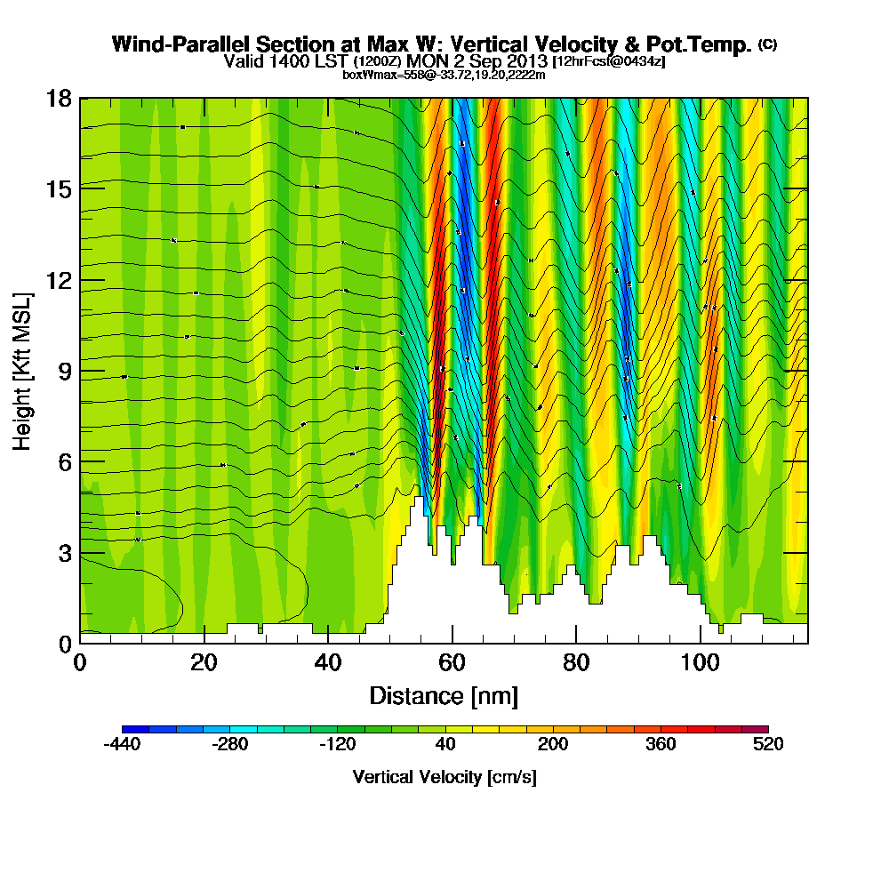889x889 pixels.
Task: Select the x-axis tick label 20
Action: point(204,662)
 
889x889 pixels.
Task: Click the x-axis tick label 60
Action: point(452,662)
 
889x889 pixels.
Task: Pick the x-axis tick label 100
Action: point(700,662)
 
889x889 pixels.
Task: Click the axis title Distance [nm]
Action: point(444,695)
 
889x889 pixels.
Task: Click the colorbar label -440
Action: point(122,745)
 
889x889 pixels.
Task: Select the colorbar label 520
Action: point(767,745)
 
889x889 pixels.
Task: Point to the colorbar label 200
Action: point(552,745)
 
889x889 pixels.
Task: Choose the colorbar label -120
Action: point(337,745)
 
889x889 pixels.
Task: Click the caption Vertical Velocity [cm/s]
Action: point(444,777)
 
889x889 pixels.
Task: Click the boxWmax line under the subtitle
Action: point(444,75)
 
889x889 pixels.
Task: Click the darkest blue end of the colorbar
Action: point(126,729)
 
